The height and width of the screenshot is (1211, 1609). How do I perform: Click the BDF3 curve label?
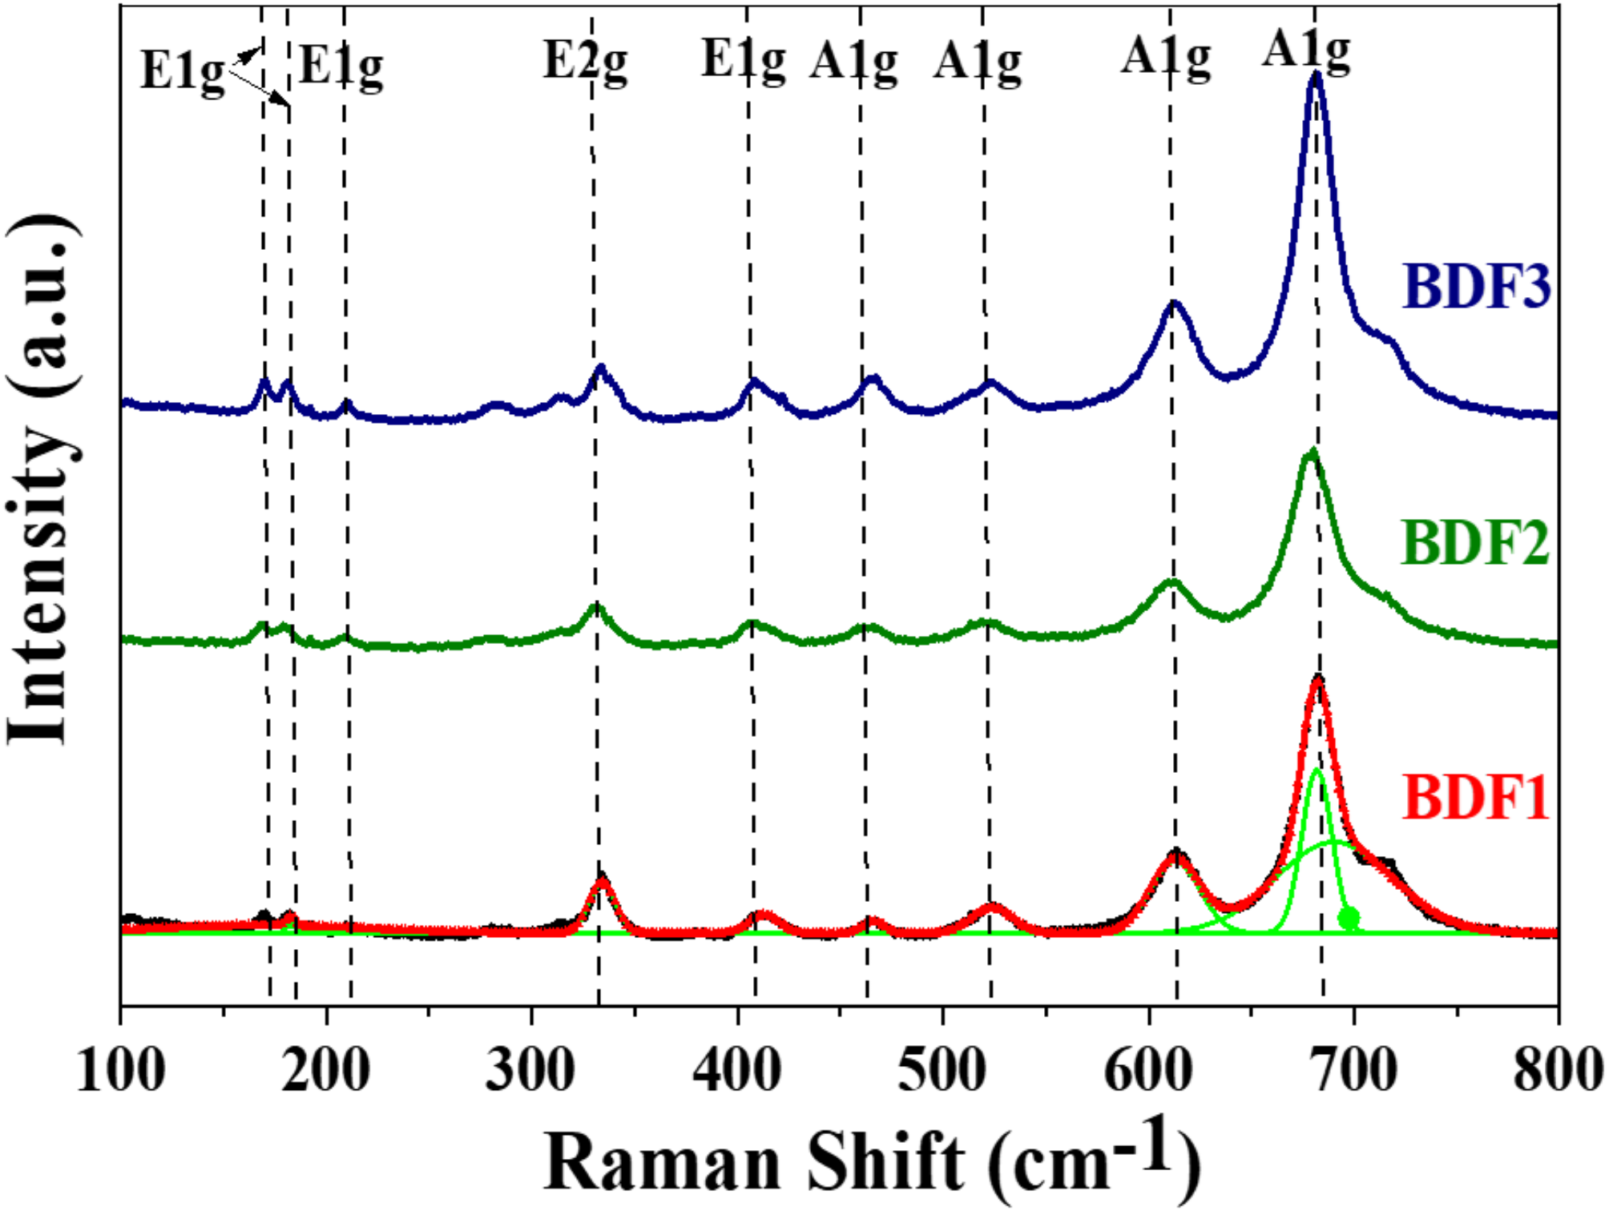tap(1476, 286)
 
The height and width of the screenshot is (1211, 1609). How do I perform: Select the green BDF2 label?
tap(1474, 542)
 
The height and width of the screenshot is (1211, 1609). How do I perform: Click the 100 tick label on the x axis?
tap(121, 1070)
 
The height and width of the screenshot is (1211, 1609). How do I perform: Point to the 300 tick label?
tap(531, 1070)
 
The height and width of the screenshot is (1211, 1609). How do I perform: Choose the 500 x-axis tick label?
tap(942, 1070)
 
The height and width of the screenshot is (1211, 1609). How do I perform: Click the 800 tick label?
tap(1557, 1070)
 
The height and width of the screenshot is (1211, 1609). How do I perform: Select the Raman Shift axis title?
tap(872, 1161)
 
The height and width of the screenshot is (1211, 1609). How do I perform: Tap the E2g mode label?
tap(585, 61)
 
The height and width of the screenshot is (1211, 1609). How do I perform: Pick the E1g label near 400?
tap(744, 61)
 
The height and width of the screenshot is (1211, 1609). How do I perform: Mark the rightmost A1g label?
tap(1306, 50)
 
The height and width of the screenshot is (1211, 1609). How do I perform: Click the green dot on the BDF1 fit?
tap(1349, 917)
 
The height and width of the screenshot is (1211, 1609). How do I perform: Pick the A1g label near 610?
tap(1166, 58)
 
